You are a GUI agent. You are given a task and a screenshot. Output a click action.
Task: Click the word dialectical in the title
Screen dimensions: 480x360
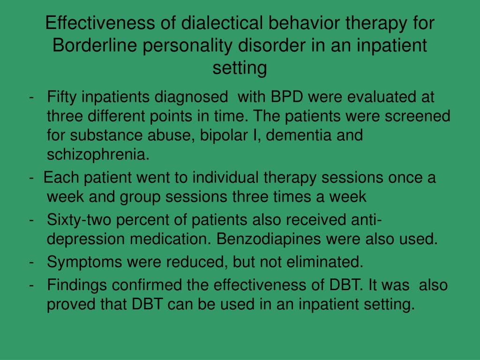[222, 23]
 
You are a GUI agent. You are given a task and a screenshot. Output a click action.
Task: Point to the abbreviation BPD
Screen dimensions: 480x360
[287, 97]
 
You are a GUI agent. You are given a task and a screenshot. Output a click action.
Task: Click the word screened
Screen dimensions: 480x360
[417, 116]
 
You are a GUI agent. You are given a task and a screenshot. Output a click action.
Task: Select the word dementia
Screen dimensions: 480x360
[299, 135]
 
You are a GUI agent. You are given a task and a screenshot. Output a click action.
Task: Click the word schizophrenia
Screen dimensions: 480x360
[98, 155]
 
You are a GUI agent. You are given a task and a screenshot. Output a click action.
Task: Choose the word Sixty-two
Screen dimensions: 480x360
[79, 220]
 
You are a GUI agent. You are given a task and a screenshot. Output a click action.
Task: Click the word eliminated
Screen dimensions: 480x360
[325, 262]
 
